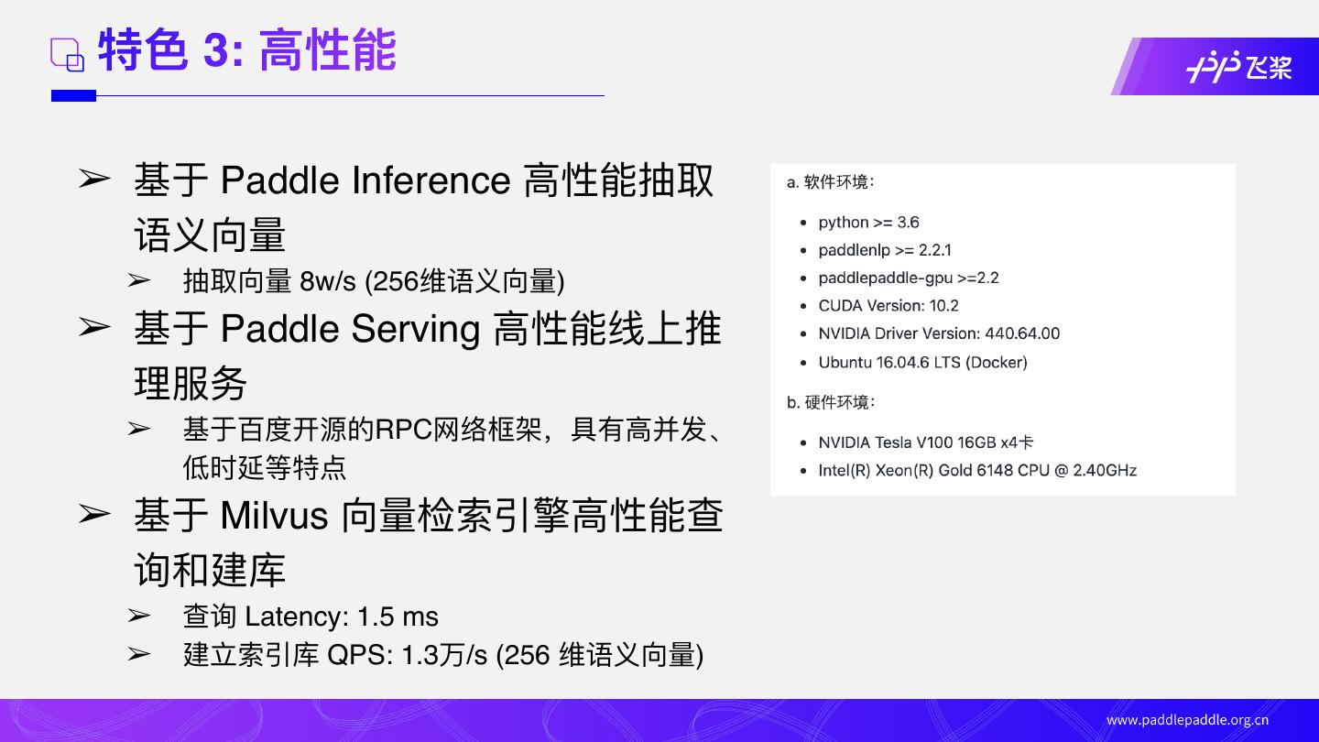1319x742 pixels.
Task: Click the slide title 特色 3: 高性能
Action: click(246, 50)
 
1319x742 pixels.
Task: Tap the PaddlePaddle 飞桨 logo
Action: click(1238, 67)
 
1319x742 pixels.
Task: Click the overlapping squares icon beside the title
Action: click(67, 55)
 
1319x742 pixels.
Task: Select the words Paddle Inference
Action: click(365, 180)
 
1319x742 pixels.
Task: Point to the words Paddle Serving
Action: click(350, 329)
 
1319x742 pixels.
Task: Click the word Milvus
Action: click(274, 516)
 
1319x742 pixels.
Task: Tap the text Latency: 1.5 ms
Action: click(342, 617)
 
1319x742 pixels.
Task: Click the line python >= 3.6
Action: click(868, 223)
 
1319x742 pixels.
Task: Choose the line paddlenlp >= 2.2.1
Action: click(884, 250)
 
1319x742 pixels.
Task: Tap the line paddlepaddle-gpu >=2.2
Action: click(908, 278)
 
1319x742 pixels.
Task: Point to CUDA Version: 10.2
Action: click(888, 305)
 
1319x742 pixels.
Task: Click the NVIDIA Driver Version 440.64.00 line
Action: click(938, 333)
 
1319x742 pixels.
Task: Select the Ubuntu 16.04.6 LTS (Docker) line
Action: click(922, 362)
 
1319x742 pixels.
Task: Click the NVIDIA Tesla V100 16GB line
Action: click(925, 442)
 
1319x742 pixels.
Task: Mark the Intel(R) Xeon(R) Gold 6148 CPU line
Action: click(976, 471)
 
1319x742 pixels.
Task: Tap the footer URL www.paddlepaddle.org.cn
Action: click(1187, 720)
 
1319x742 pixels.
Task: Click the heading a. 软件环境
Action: click(830, 182)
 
